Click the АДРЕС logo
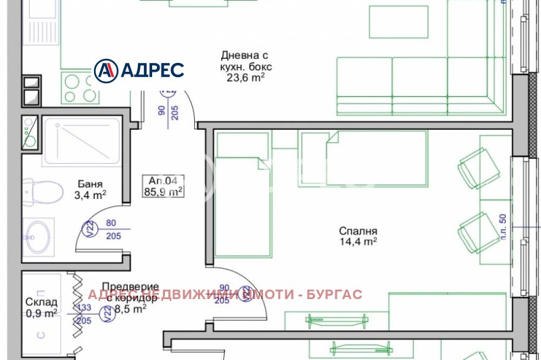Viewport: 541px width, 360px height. pyautogui.click(x=139, y=69)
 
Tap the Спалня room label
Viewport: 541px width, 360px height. pyautogui.click(x=358, y=230)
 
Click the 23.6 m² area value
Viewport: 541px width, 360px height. pyautogui.click(x=245, y=77)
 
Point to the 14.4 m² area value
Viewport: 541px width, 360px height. pyautogui.click(x=358, y=241)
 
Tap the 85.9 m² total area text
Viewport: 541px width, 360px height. pyautogui.click(x=163, y=192)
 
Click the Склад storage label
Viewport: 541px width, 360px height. pyautogui.click(x=43, y=302)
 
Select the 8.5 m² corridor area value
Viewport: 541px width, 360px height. pyautogui.click(x=131, y=309)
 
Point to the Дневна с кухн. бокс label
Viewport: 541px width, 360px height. pyautogui.click(x=244, y=61)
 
